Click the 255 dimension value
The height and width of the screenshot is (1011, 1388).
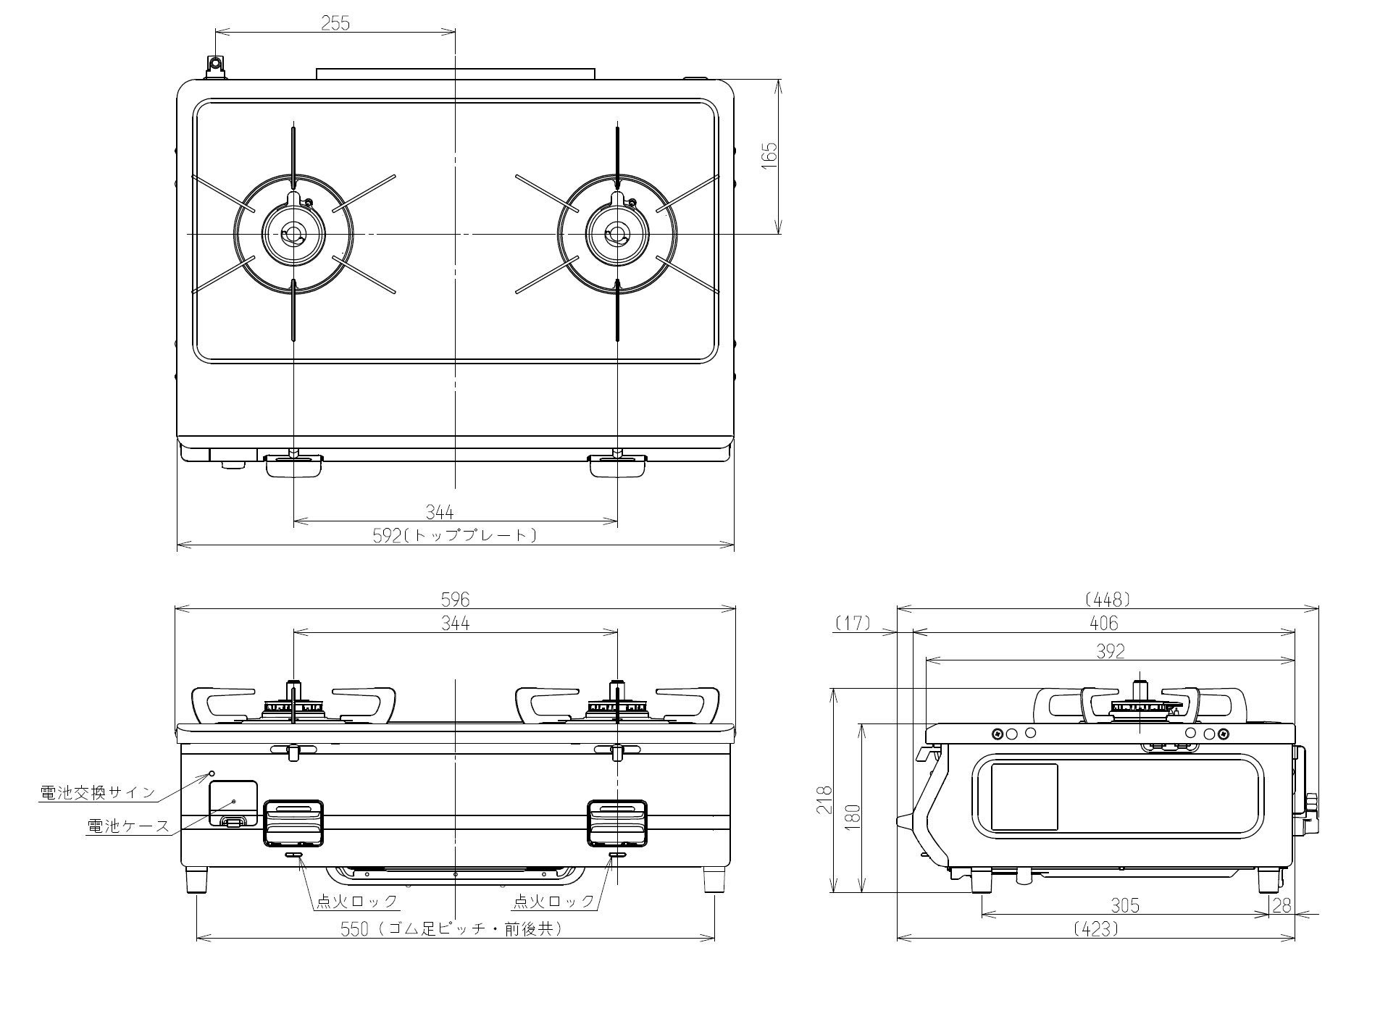click(x=335, y=22)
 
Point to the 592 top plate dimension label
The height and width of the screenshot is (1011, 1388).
click(x=455, y=535)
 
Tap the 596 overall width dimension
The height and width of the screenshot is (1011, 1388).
click(x=455, y=599)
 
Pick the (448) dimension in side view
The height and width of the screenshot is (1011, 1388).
click(x=1108, y=599)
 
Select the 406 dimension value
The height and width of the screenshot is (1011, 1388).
click(x=1103, y=622)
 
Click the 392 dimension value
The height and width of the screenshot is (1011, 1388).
click(x=1110, y=651)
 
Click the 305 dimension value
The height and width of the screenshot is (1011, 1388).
click(x=1125, y=905)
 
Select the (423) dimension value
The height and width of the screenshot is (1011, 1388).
click(x=1097, y=928)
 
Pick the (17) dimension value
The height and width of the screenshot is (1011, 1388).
click(x=853, y=622)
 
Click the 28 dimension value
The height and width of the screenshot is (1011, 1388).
click(x=1282, y=905)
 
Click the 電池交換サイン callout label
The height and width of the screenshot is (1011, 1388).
click(x=97, y=792)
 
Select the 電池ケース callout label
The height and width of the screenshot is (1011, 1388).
click(x=128, y=825)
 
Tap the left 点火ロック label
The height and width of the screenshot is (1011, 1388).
click(x=357, y=901)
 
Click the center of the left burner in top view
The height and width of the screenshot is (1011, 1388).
click(x=294, y=234)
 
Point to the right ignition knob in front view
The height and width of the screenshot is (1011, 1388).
click(x=617, y=823)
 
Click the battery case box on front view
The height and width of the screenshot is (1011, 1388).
click(x=233, y=803)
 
